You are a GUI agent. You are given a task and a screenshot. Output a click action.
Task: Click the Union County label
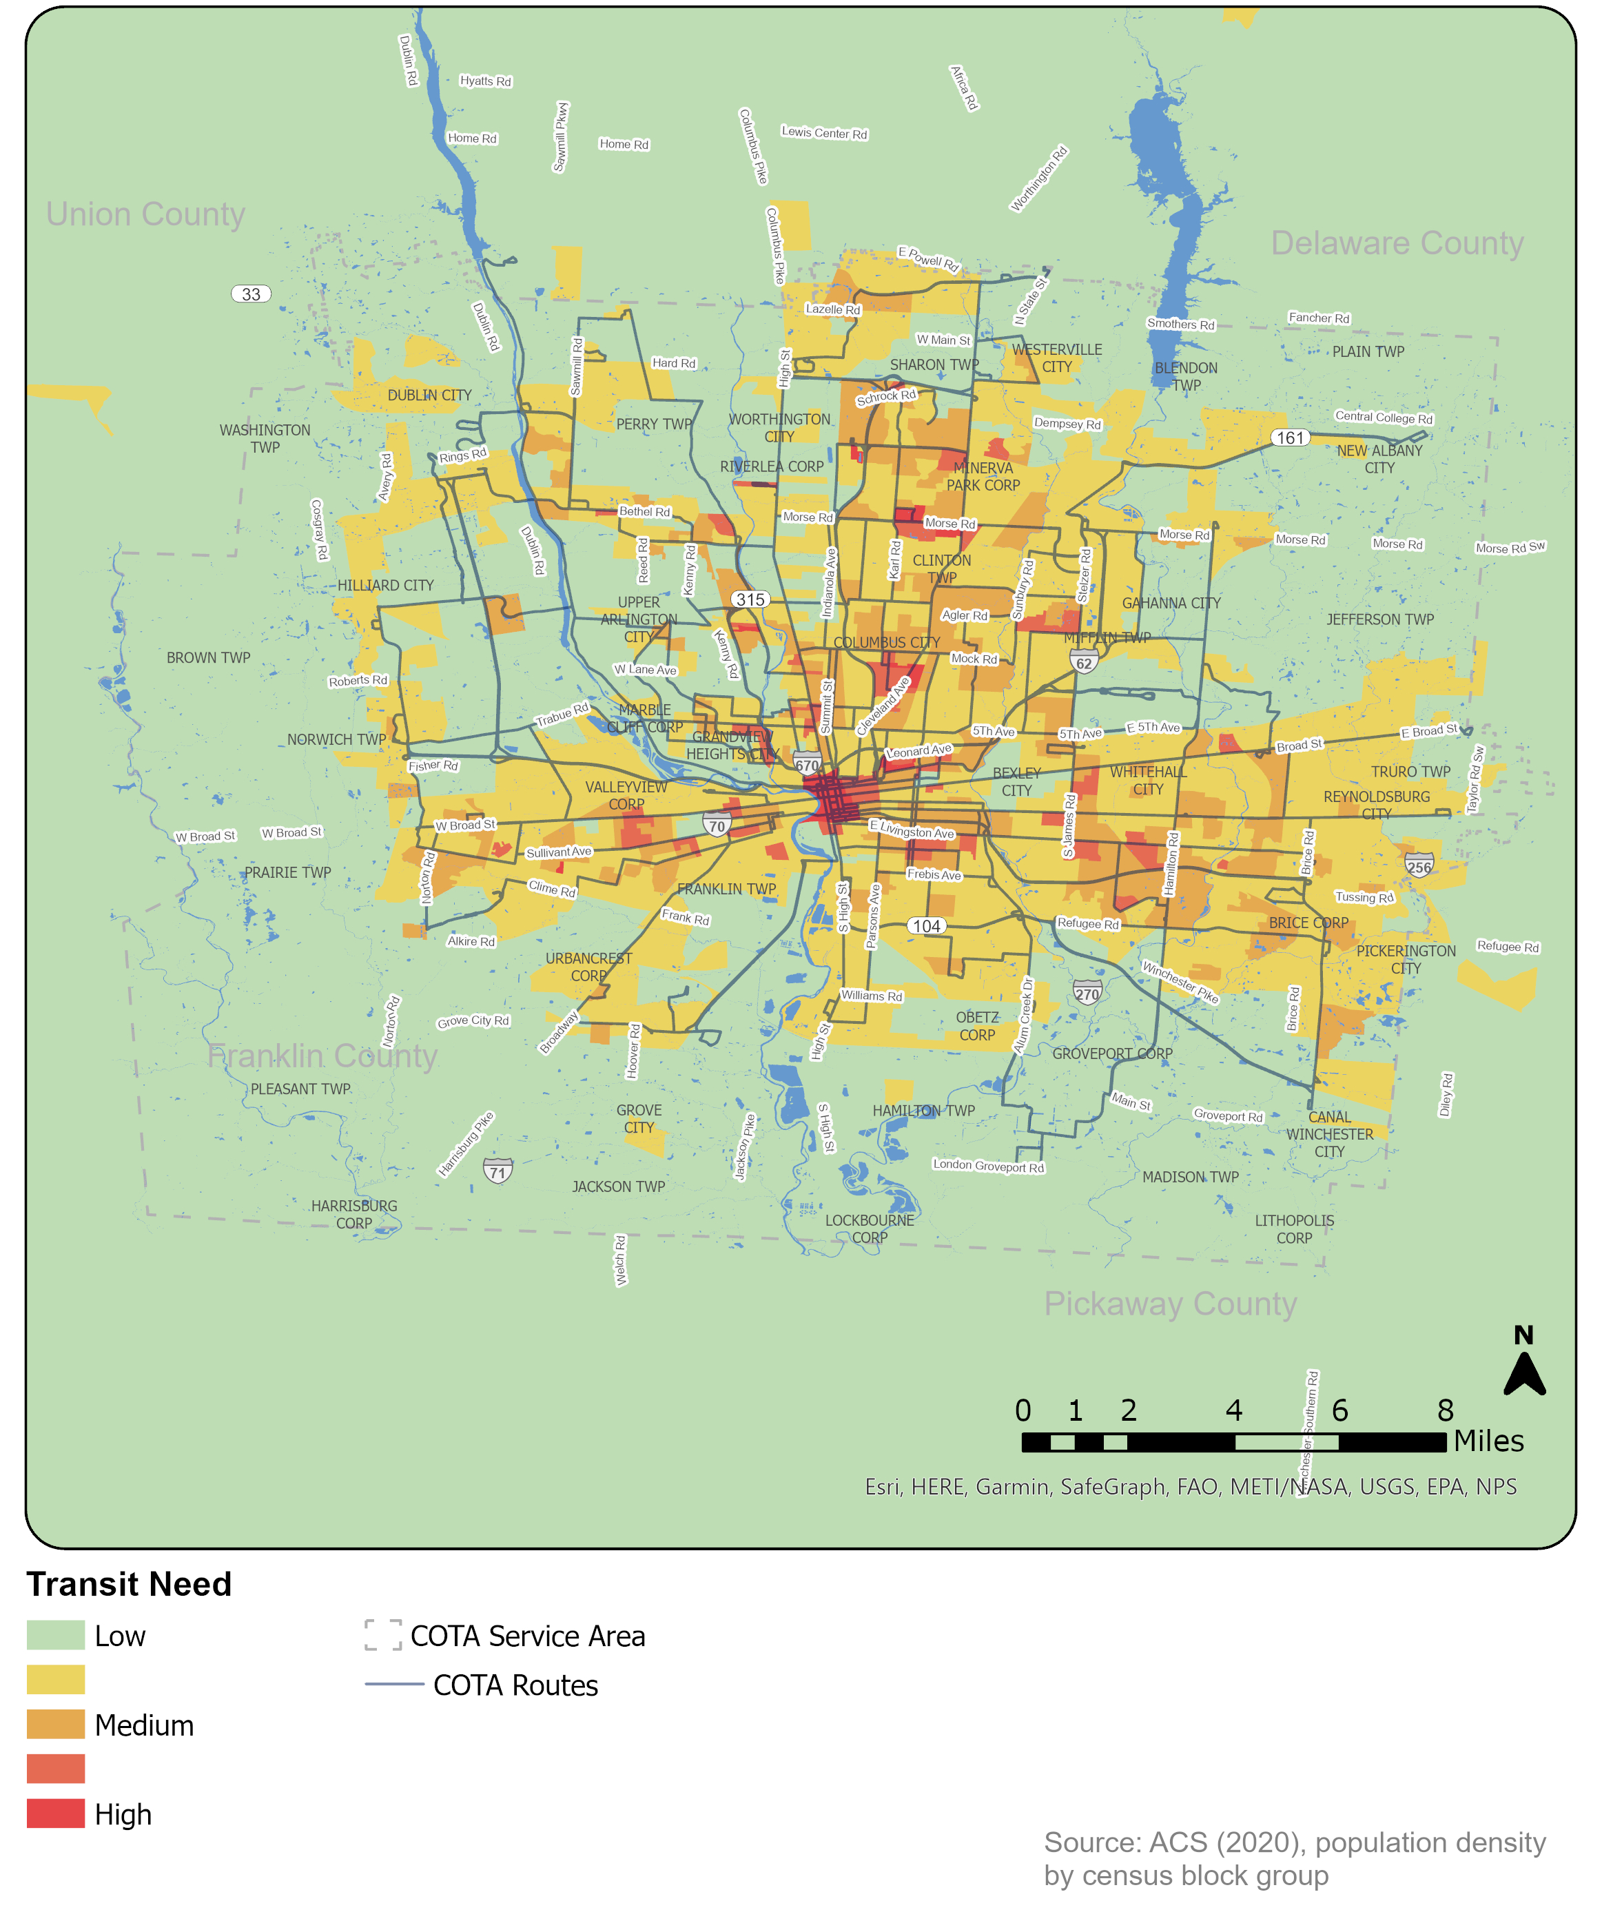(x=145, y=215)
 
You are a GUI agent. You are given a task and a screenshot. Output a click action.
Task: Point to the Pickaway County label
(x=1169, y=1304)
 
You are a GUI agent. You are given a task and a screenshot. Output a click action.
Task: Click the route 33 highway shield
(x=250, y=294)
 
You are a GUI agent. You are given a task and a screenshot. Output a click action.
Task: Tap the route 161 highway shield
(x=1290, y=438)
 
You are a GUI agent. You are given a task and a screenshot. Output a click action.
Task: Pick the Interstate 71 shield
(x=497, y=1171)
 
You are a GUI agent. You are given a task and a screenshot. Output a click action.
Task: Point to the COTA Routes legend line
(x=393, y=1685)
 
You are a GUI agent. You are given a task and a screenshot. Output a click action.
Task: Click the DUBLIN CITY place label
(x=429, y=395)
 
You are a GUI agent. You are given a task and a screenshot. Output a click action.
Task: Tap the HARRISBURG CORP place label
(x=354, y=1215)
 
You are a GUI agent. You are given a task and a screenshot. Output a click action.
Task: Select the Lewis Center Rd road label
(x=823, y=133)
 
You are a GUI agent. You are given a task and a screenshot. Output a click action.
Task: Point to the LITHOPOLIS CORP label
(x=1293, y=1229)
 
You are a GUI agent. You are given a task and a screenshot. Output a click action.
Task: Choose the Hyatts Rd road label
(x=486, y=81)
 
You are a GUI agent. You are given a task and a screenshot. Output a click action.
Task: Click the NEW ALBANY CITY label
(x=1379, y=459)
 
